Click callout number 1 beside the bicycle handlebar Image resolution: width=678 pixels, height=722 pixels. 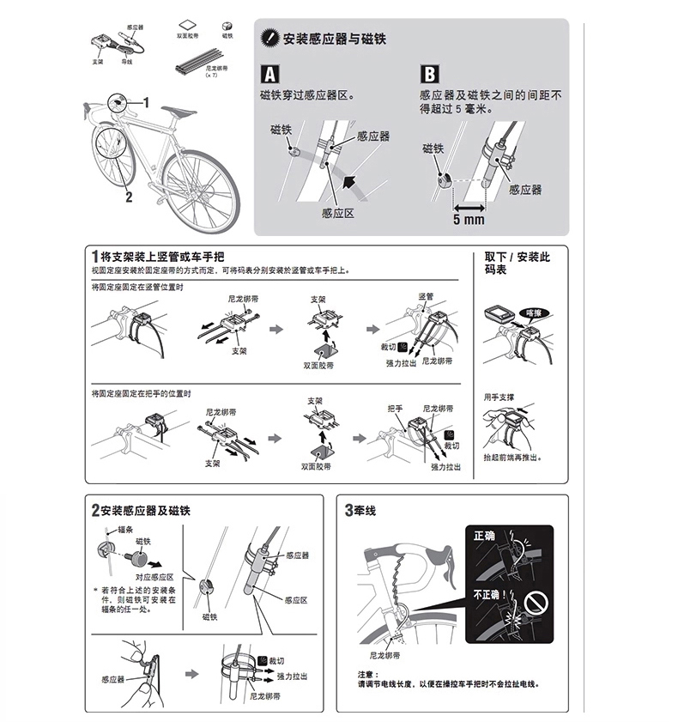point(145,101)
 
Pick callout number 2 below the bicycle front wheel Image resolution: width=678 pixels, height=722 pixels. point(129,197)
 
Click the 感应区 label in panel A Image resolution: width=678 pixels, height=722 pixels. point(338,213)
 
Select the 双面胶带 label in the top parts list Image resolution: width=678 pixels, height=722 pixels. point(187,37)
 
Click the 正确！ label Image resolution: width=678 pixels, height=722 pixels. point(486,535)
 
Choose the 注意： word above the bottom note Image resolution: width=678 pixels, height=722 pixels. point(367,674)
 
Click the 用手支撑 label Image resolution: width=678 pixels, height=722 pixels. point(498,397)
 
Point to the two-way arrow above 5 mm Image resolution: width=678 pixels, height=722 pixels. point(469,207)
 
